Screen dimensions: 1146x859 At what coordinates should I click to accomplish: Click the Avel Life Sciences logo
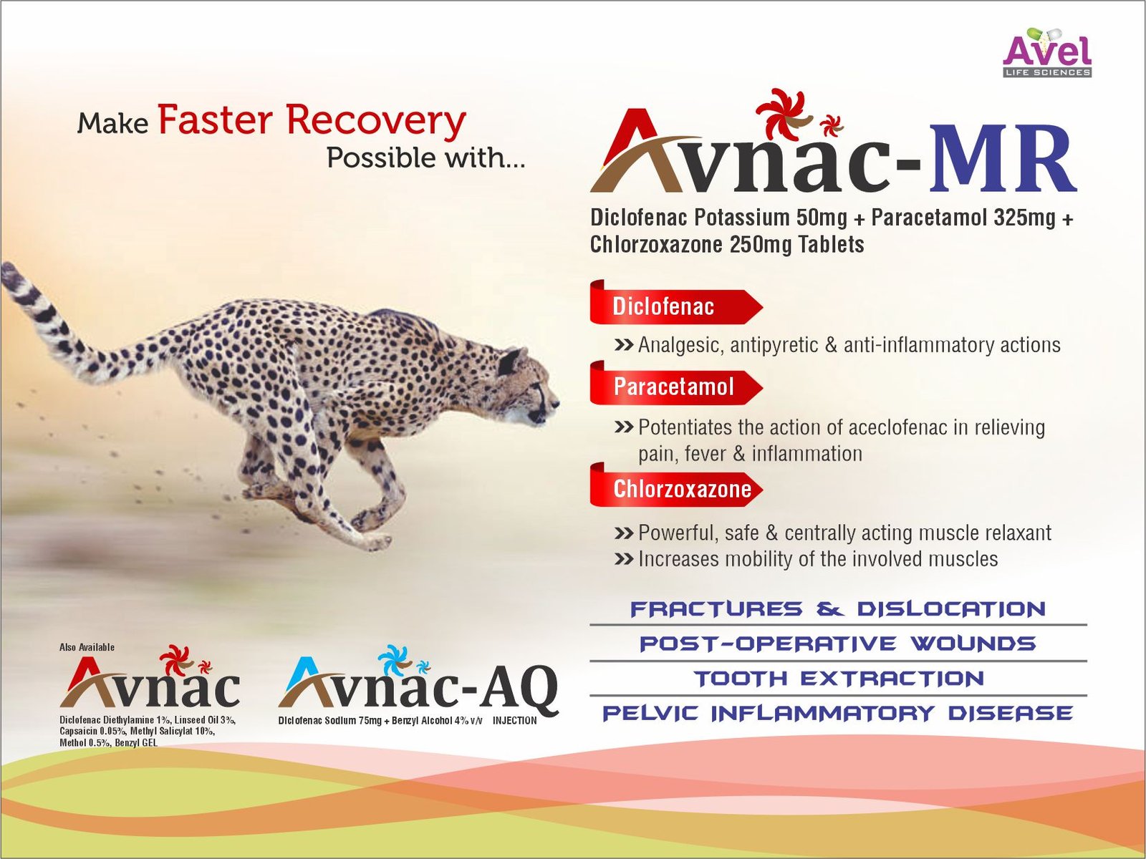(1047, 52)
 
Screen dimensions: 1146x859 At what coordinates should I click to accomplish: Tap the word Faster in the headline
(215, 120)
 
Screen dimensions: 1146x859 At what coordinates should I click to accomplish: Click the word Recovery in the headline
(376, 122)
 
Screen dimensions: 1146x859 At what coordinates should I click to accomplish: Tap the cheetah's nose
(556, 403)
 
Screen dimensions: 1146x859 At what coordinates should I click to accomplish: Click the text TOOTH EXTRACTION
(839, 679)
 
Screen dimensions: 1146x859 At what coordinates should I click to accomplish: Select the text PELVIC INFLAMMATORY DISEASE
(838, 713)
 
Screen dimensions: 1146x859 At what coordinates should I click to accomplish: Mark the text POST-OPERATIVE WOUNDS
(838, 644)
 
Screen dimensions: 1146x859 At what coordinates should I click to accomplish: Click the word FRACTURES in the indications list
(716, 608)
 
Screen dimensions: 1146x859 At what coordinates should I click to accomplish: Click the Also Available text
(87, 647)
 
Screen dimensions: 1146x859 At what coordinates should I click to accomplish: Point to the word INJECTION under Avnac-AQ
(514, 720)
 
